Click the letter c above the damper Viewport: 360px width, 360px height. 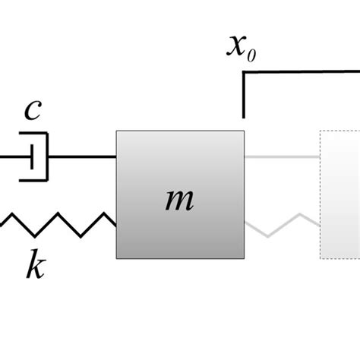tap(31, 111)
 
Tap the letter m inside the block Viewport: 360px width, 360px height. tap(180, 199)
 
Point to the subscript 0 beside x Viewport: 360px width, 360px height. tap(254, 53)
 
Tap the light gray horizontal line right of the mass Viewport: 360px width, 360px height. tap(281, 157)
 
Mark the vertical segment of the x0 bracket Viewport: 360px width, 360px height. tap(244, 95)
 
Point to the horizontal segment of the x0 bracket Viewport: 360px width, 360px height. tap(304, 73)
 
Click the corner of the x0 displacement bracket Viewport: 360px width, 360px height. tap(244, 73)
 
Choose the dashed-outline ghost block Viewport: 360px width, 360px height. tap(340, 194)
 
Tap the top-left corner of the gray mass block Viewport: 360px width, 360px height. tap(117, 131)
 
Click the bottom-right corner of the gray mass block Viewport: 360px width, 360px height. tap(243, 258)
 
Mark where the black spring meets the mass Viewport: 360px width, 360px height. tap(115, 223)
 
